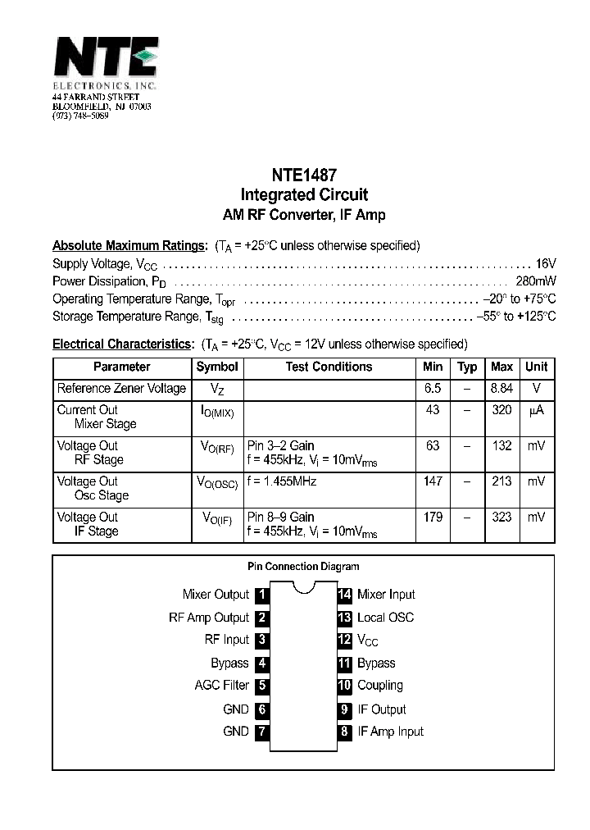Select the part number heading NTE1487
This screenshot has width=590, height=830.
pyautogui.click(x=303, y=175)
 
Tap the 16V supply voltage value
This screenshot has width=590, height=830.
pyautogui.click(x=546, y=263)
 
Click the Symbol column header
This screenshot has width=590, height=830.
pyautogui.click(x=217, y=367)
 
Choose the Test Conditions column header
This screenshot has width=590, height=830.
pyautogui.click(x=329, y=367)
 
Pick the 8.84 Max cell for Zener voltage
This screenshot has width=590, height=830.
pyautogui.click(x=501, y=388)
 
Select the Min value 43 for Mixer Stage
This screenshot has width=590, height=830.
pyautogui.click(x=433, y=409)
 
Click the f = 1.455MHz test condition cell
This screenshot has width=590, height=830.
pyautogui.click(x=282, y=481)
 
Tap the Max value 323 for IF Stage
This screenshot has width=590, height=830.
pyautogui.click(x=501, y=517)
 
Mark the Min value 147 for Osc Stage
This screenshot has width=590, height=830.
pyautogui.click(x=433, y=481)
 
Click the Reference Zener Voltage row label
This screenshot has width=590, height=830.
pyautogui.click(x=121, y=388)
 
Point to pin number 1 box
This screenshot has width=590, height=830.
pyautogui.click(x=261, y=595)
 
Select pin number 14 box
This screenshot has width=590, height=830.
pyautogui.click(x=344, y=595)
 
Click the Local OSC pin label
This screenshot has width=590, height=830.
pyautogui.click(x=385, y=618)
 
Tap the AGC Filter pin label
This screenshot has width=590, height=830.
pyautogui.click(x=221, y=686)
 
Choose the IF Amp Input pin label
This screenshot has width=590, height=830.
pyautogui.click(x=391, y=732)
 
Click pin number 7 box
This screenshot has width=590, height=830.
pyautogui.click(x=261, y=732)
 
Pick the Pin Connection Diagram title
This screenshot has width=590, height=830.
pyautogui.click(x=303, y=566)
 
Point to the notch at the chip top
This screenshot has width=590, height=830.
pyautogui.click(x=303, y=586)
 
